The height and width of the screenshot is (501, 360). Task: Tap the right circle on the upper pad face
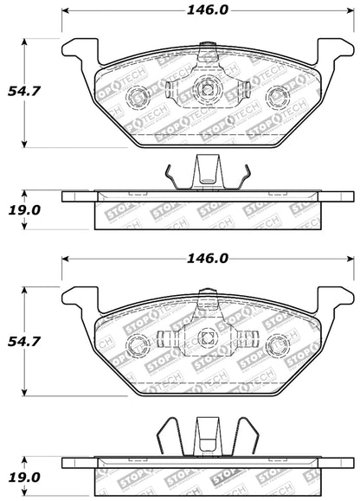276,95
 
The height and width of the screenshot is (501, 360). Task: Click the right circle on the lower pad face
276,344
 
